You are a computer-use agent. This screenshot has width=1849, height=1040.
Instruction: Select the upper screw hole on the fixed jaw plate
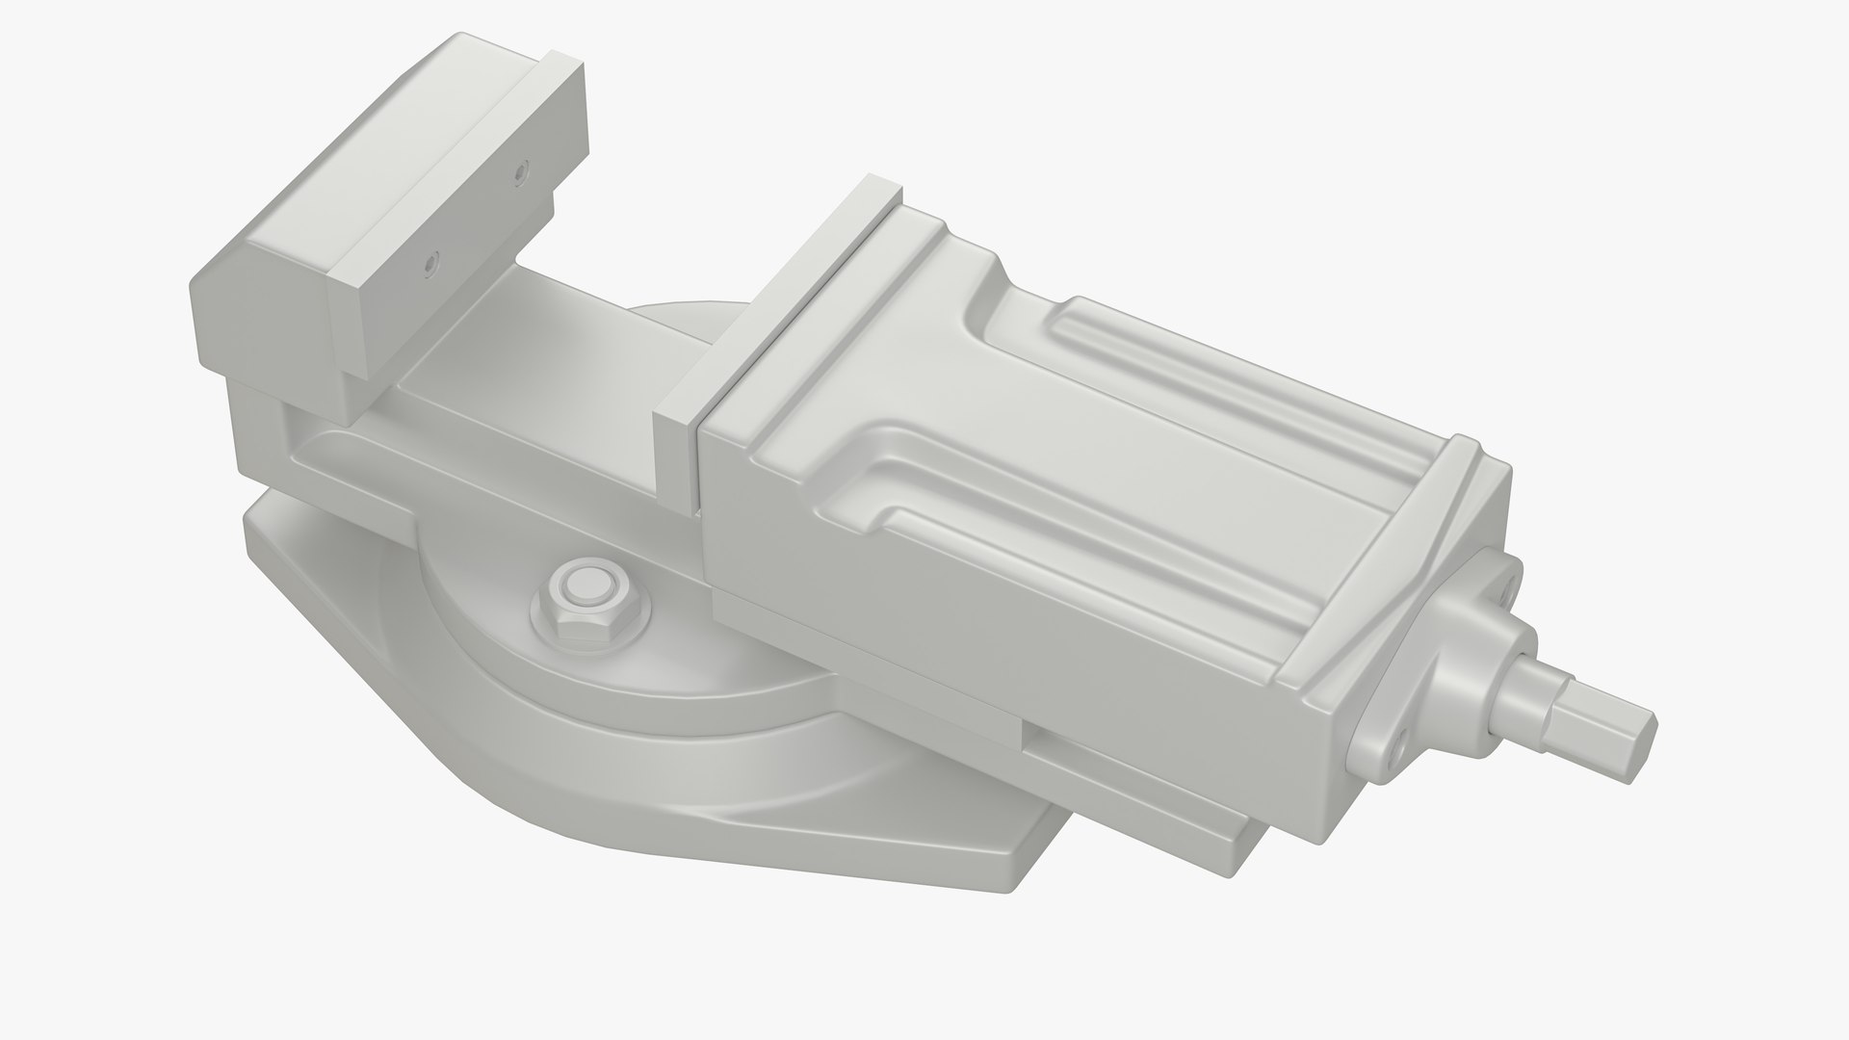pos(521,174)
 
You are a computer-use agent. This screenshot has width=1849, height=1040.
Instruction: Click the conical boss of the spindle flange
pos(1454,674)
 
